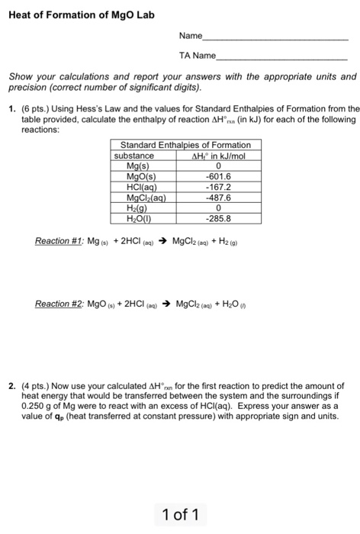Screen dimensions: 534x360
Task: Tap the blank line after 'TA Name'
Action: (x=281, y=57)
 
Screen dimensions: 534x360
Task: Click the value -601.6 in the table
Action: (x=218, y=175)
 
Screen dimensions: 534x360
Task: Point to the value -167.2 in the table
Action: (x=218, y=185)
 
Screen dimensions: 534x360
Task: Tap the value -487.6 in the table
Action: (x=218, y=195)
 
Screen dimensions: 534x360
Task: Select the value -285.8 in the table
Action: (x=218, y=216)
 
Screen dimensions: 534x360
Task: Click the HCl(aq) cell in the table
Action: (x=142, y=185)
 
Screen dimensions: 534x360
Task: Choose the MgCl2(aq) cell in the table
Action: (x=146, y=195)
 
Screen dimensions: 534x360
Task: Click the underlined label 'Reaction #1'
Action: (x=61, y=242)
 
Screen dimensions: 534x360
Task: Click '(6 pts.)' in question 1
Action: (x=34, y=108)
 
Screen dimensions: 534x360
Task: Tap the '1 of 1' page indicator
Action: (x=180, y=515)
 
